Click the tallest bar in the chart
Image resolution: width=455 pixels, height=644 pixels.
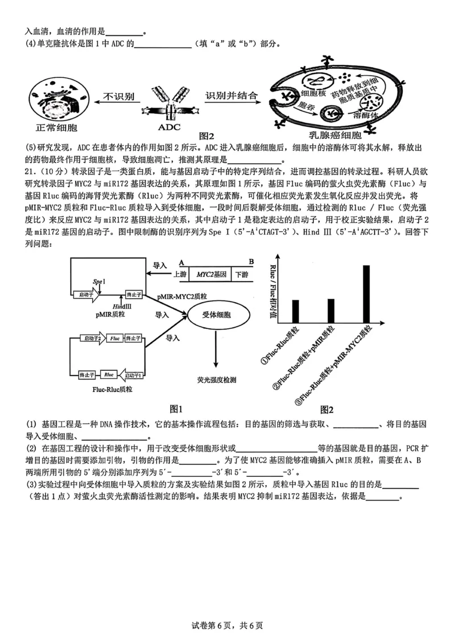(366, 293)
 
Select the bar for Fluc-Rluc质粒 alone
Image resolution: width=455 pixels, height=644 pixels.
(295, 310)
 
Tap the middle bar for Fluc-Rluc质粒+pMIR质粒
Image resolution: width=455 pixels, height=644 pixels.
(331, 309)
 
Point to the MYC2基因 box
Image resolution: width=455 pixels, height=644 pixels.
(211, 274)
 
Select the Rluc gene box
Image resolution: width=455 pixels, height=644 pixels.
(109, 374)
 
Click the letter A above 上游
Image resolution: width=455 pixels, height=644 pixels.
(181, 262)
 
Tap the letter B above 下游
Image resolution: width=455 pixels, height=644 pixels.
(251, 262)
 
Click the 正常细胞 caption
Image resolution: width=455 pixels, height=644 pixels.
(57, 127)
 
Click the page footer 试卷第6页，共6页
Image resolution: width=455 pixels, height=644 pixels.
(227, 625)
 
